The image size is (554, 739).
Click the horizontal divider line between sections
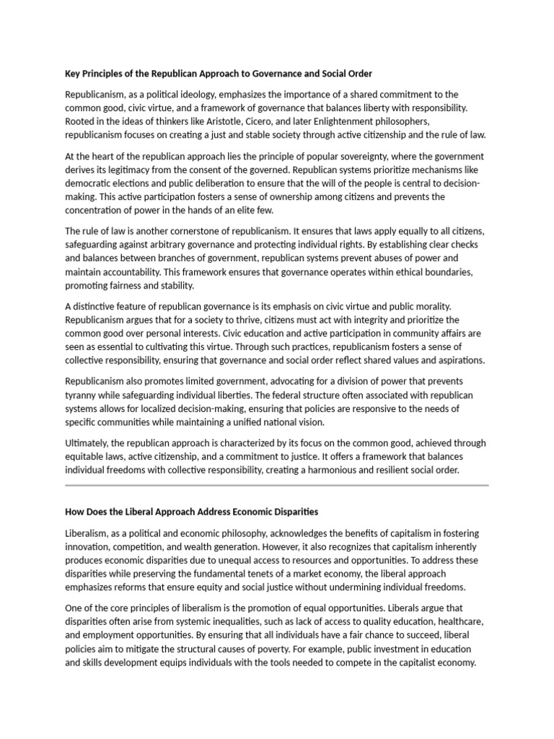tap(277, 486)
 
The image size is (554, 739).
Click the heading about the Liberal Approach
tap(191, 512)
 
